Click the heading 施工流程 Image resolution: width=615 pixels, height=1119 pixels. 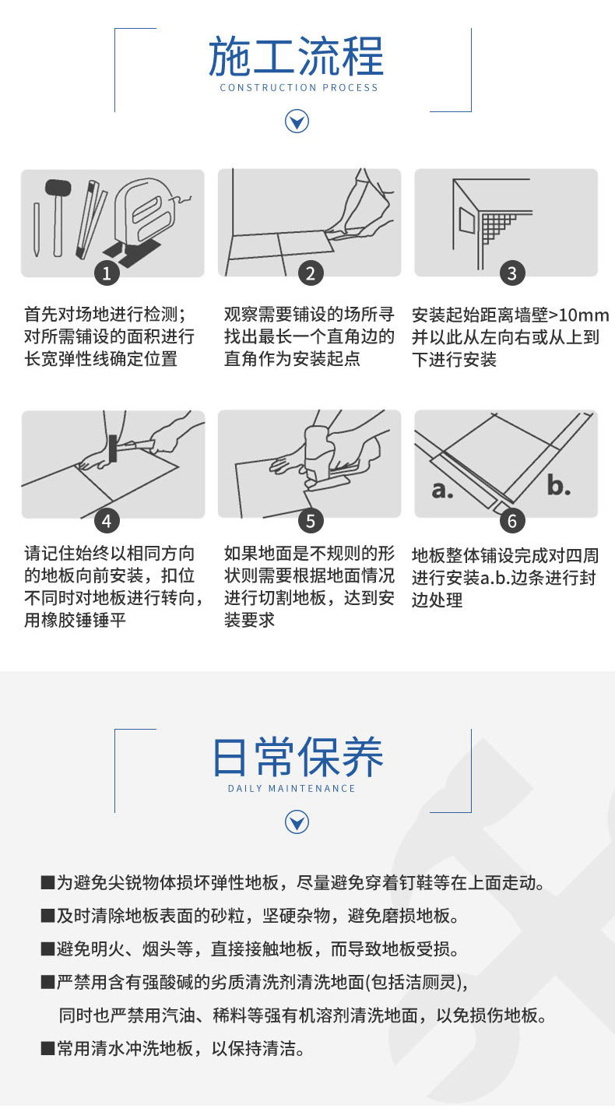point(296,56)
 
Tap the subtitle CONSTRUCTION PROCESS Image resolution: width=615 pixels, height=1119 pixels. point(299,88)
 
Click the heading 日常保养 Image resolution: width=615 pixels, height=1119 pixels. point(297,758)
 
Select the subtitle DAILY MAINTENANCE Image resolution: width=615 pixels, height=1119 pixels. point(291,789)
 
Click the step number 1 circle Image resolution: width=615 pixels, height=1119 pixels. point(107,273)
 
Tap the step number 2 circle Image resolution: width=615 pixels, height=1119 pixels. point(311,273)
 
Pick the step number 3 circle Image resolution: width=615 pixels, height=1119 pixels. point(512,273)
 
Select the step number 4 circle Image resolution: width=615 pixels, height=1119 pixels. point(107,521)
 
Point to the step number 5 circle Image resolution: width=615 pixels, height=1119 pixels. point(311,521)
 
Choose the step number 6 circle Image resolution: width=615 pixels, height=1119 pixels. point(512,521)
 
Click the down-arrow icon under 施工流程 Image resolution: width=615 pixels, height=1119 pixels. point(297,121)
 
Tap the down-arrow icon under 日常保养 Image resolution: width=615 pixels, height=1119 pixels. point(297,822)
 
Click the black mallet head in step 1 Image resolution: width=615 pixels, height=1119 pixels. point(58,188)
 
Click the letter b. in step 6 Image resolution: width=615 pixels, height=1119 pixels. point(558,485)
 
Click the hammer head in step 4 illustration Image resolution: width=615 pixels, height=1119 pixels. point(114,448)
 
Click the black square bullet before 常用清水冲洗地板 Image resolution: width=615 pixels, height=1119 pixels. point(47,1048)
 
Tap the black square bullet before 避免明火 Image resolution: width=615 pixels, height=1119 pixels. point(47,948)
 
